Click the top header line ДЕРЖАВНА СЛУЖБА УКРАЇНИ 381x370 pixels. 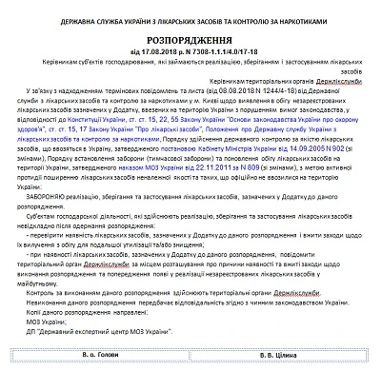(190, 10)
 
